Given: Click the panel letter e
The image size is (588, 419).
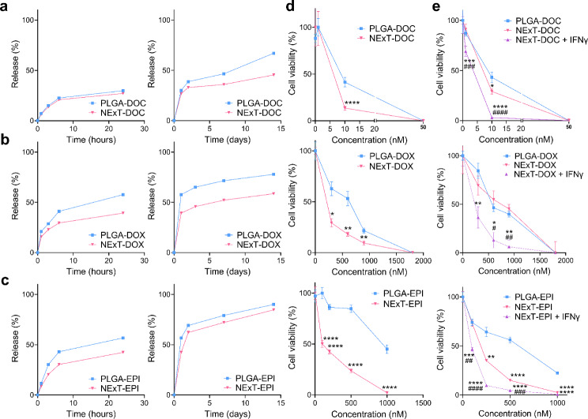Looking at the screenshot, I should [x=444, y=6].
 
